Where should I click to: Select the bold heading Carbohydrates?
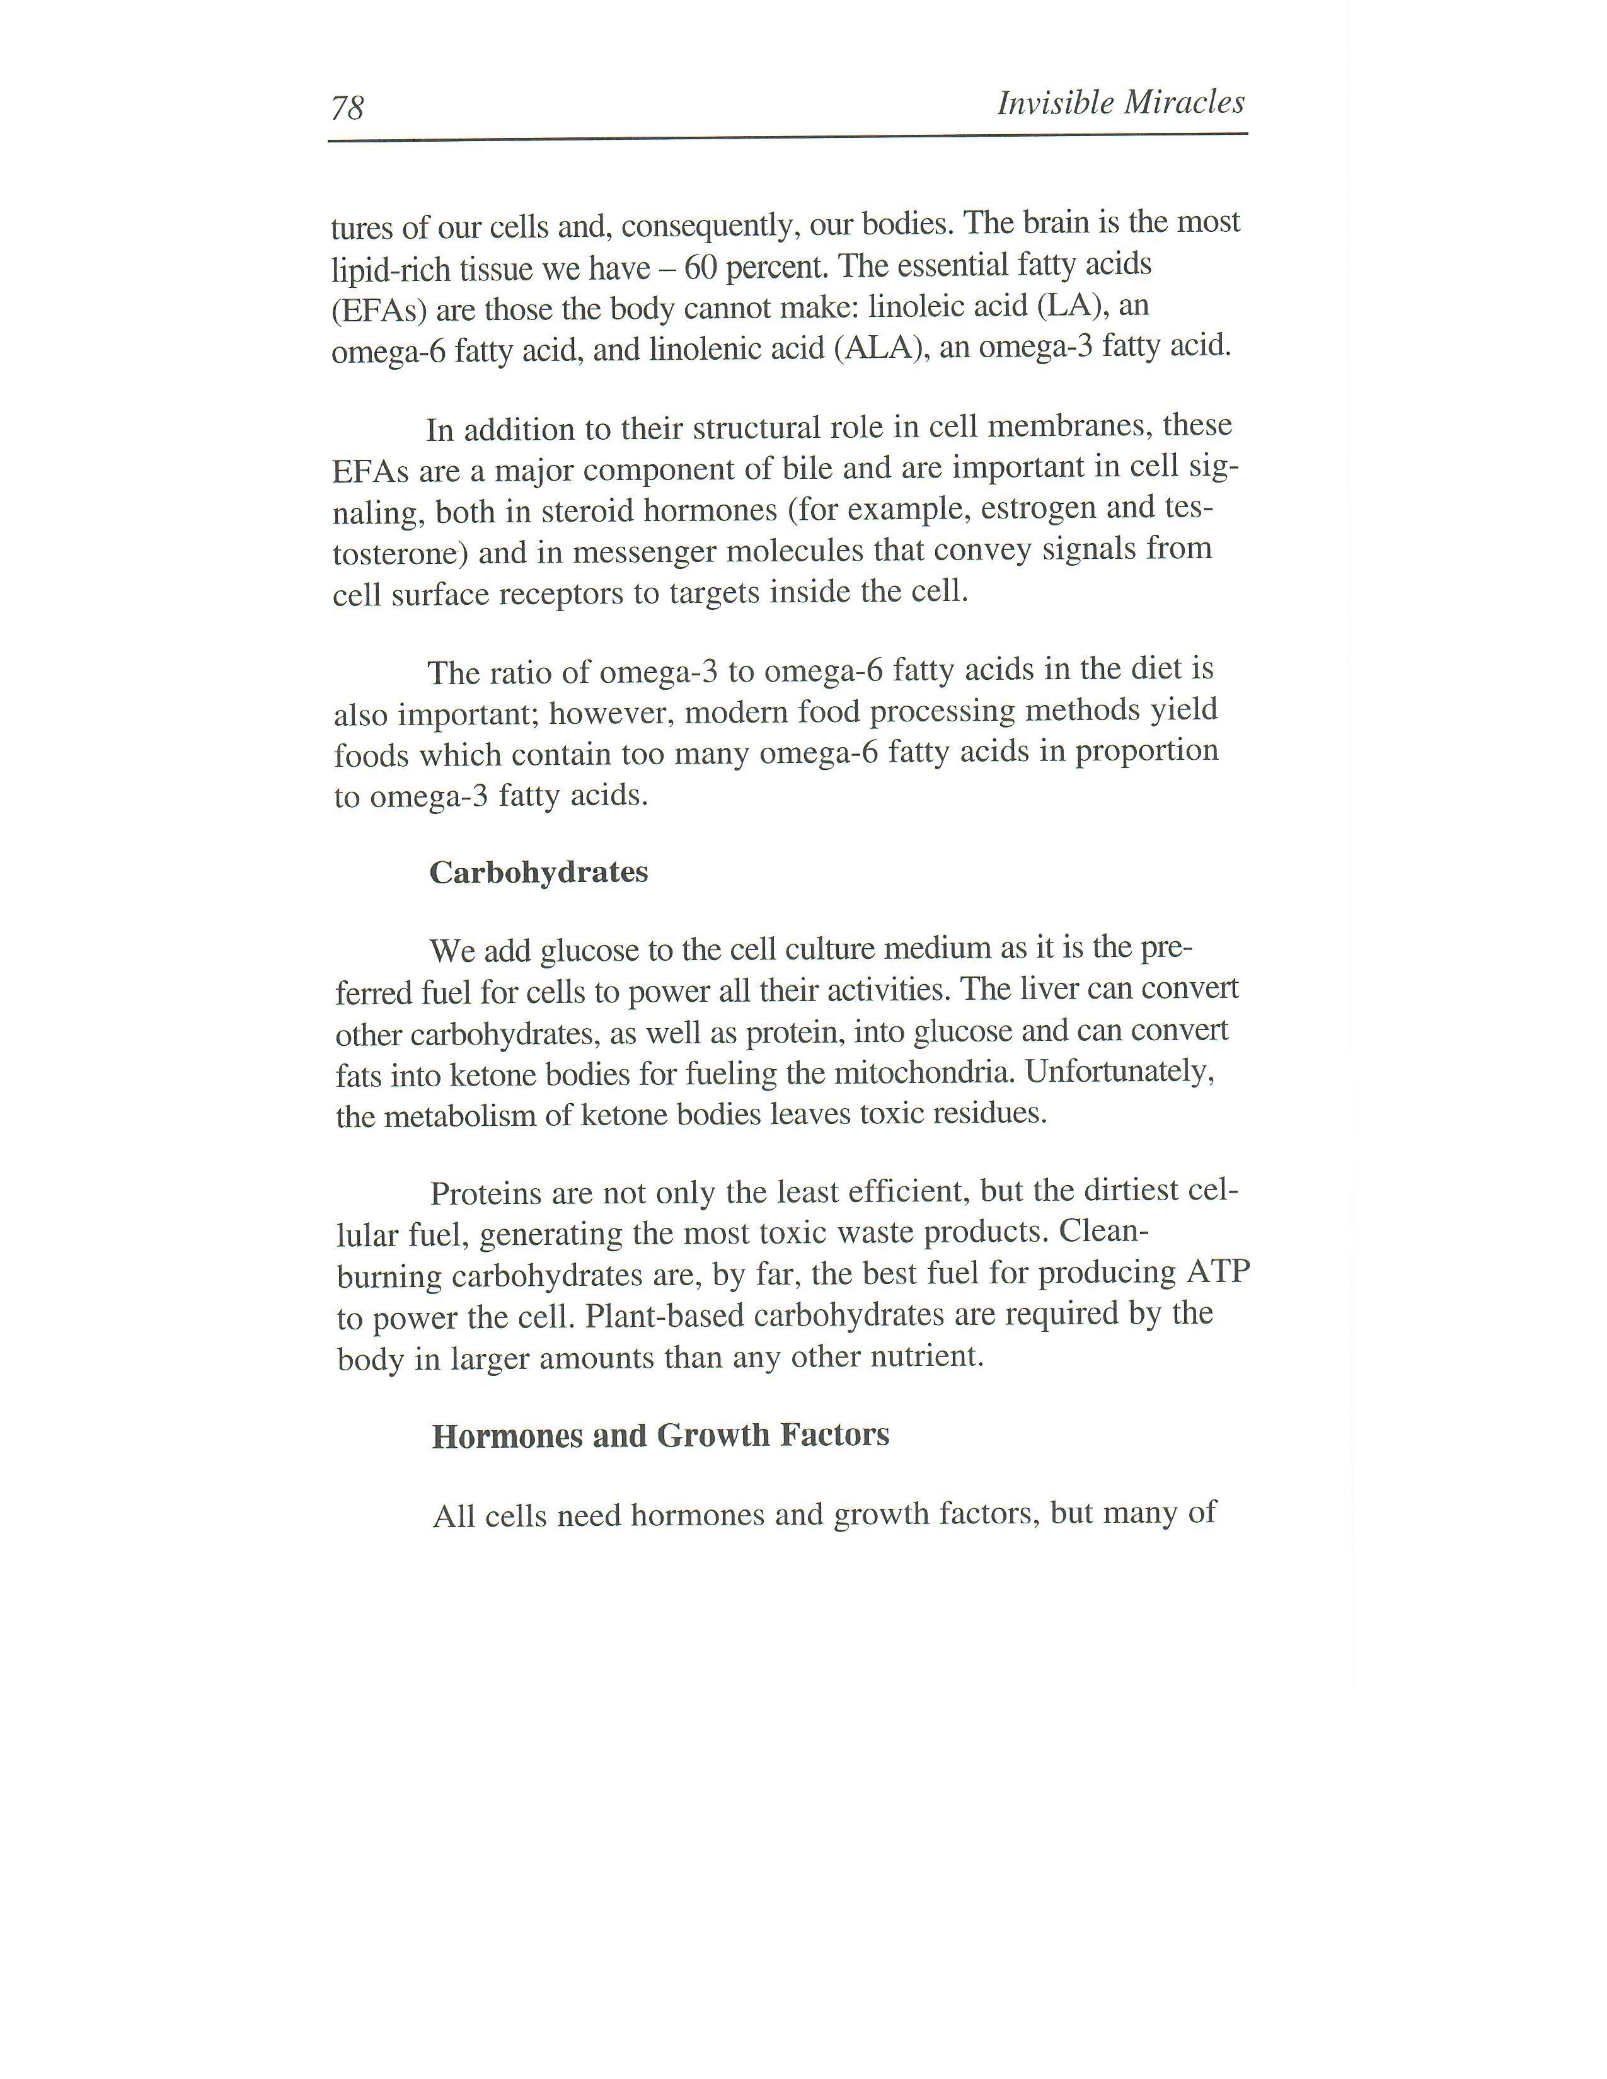pyautogui.click(x=539, y=872)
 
